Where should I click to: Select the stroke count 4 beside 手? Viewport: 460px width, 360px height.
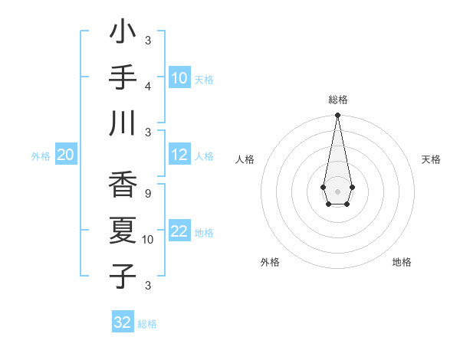(147, 85)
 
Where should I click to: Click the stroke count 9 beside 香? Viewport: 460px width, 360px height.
(147, 193)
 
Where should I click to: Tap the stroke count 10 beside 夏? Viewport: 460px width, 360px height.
(148, 239)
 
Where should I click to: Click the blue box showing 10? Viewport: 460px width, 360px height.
(179, 78)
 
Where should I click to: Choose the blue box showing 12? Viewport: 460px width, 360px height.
(179, 155)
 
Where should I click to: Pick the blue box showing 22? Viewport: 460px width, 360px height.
(179, 231)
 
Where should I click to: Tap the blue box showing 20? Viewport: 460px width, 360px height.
(65, 155)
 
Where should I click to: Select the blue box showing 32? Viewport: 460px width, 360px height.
(123, 322)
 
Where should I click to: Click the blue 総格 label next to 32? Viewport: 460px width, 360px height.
(147, 324)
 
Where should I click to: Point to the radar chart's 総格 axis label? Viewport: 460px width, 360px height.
(337, 100)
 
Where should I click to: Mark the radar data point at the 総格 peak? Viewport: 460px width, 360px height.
(337, 116)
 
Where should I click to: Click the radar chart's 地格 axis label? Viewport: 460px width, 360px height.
(402, 262)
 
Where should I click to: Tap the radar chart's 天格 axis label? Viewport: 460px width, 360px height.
(431, 159)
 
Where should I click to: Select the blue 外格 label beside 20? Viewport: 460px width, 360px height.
(41, 156)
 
